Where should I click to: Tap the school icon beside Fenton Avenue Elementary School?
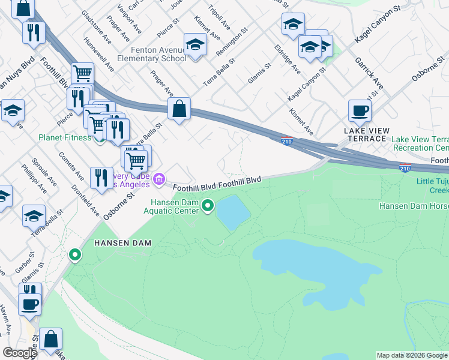tap(195, 45)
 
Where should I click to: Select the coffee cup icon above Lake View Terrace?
tap(360, 111)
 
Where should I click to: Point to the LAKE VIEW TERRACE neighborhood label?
tap(367, 134)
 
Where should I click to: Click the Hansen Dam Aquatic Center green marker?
tap(208, 206)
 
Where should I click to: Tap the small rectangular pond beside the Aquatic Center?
tap(233, 212)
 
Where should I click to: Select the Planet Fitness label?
tap(65, 137)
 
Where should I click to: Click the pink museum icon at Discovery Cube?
tap(158, 179)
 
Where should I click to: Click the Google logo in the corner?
tap(20, 353)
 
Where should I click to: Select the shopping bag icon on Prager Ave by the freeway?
tap(179, 110)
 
